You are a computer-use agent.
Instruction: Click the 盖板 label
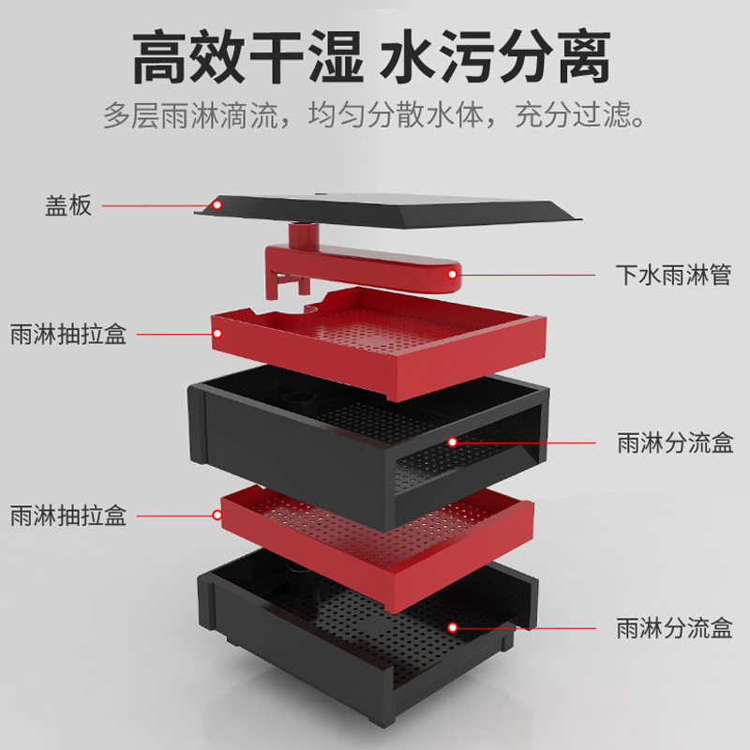[x=68, y=205]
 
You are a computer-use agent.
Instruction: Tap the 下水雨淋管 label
[x=673, y=276]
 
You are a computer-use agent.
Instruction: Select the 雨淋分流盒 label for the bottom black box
[x=674, y=627]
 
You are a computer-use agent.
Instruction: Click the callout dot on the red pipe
[x=452, y=275]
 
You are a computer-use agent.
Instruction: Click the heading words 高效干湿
[x=247, y=58]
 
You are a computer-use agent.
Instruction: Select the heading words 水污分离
[x=496, y=58]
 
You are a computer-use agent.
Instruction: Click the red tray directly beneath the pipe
[x=375, y=333]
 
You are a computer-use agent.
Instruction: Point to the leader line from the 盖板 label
[x=155, y=205]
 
